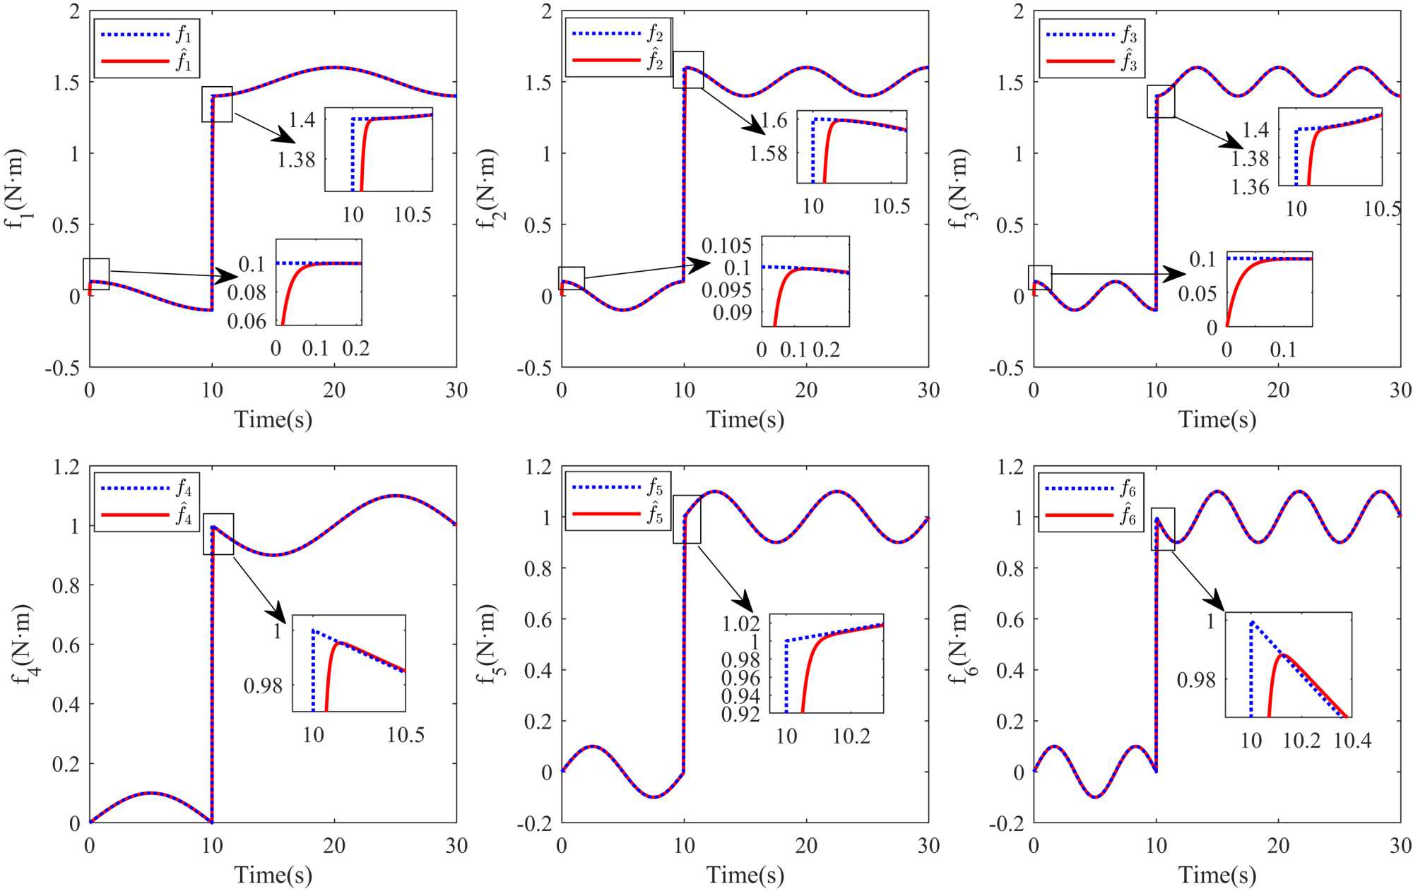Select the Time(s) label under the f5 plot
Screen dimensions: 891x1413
[745, 875]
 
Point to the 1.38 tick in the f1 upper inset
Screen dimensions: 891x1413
[296, 160]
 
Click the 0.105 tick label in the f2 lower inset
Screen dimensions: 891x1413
[726, 246]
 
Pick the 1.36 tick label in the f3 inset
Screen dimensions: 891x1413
[1250, 187]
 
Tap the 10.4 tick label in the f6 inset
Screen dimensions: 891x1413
[1352, 741]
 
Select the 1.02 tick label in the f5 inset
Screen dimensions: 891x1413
[740, 623]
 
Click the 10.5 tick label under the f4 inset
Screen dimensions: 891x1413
[406, 735]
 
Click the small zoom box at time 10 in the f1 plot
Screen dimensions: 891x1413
[217, 104]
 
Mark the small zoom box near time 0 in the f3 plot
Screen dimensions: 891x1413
[1040, 277]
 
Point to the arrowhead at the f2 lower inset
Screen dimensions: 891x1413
[700, 265]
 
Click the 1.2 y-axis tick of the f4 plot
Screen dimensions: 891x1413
[66, 467]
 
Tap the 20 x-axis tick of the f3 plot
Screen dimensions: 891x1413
[1278, 390]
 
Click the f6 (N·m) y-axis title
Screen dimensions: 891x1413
[959, 645]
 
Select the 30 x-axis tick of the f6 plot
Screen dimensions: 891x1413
[1400, 846]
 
